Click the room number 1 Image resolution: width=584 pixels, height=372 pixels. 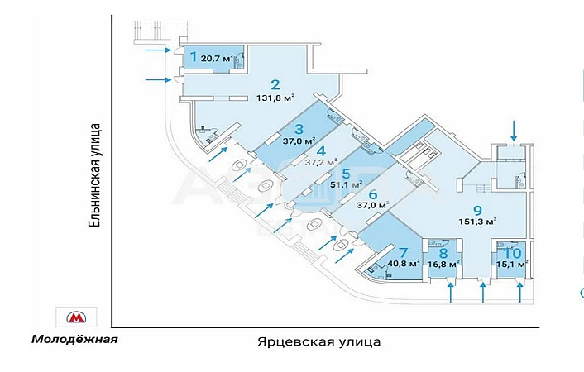point(193,58)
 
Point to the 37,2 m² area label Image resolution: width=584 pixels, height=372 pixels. point(322,162)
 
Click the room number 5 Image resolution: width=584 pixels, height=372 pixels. point(347,174)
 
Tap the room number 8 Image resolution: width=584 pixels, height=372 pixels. point(443,253)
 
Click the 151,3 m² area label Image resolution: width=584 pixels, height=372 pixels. point(478,221)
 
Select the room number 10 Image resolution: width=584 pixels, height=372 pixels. point(512,253)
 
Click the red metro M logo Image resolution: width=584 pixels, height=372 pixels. point(76,317)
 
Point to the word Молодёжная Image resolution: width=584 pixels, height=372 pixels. point(74,339)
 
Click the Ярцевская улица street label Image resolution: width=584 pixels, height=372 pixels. point(318,341)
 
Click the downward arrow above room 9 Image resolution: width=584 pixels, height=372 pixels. point(515,129)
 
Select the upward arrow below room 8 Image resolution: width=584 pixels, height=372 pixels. point(451,291)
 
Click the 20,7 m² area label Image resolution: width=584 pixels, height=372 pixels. point(215,59)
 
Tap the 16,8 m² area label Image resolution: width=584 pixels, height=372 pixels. point(443,265)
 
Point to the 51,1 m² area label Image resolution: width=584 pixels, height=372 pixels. point(347,186)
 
